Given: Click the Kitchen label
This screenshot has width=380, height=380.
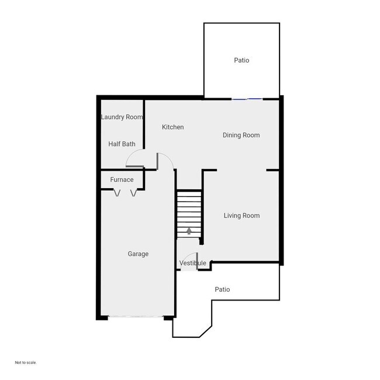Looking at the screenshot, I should pyautogui.click(x=172, y=127).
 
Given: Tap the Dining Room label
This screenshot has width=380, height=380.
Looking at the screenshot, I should pyautogui.click(x=241, y=135).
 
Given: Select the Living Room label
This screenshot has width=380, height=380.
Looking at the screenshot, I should pyautogui.click(x=241, y=216).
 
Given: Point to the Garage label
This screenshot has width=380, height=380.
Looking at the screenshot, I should pyautogui.click(x=138, y=254).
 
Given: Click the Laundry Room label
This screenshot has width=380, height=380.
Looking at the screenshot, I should pyautogui.click(x=122, y=117).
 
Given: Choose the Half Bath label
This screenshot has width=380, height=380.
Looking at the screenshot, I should pyautogui.click(x=122, y=144).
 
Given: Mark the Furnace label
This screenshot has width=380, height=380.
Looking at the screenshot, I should pyautogui.click(x=122, y=179).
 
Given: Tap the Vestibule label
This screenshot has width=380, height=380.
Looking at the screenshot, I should pyautogui.click(x=192, y=263).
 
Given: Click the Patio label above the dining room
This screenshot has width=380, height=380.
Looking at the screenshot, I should pyautogui.click(x=241, y=60).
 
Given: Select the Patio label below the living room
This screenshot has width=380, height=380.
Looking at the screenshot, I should pyautogui.click(x=222, y=289).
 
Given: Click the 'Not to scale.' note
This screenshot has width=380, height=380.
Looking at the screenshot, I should pyautogui.click(x=26, y=362).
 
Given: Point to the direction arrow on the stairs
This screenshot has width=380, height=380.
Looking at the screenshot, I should pyautogui.click(x=189, y=230).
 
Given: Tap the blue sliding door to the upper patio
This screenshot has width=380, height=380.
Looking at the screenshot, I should pyautogui.click(x=247, y=99).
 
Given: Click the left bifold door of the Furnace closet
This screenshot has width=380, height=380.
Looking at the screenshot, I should pyautogui.click(x=117, y=192).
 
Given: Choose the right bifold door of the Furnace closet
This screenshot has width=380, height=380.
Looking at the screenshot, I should pyautogui.click(x=134, y=192).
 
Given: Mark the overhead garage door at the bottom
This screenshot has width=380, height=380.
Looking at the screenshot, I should pyautogui.click(x=136, y=317).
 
